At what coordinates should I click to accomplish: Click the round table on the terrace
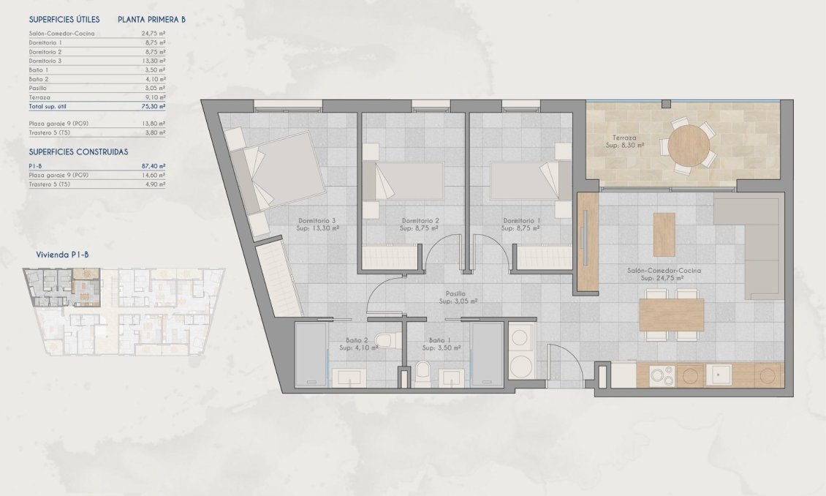click(689, 145)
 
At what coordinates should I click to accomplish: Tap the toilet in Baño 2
click(384, 341)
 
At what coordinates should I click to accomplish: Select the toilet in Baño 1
click(423, 372)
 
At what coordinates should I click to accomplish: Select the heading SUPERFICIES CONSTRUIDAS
click(78, 151)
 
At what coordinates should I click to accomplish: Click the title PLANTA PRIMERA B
click(151, 20)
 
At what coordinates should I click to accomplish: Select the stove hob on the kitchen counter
click(662, 375)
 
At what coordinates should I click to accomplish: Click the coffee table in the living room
click(664, 234)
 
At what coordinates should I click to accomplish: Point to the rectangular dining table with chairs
click(671, 315)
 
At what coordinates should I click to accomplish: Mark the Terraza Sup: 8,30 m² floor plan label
click(624, 141)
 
